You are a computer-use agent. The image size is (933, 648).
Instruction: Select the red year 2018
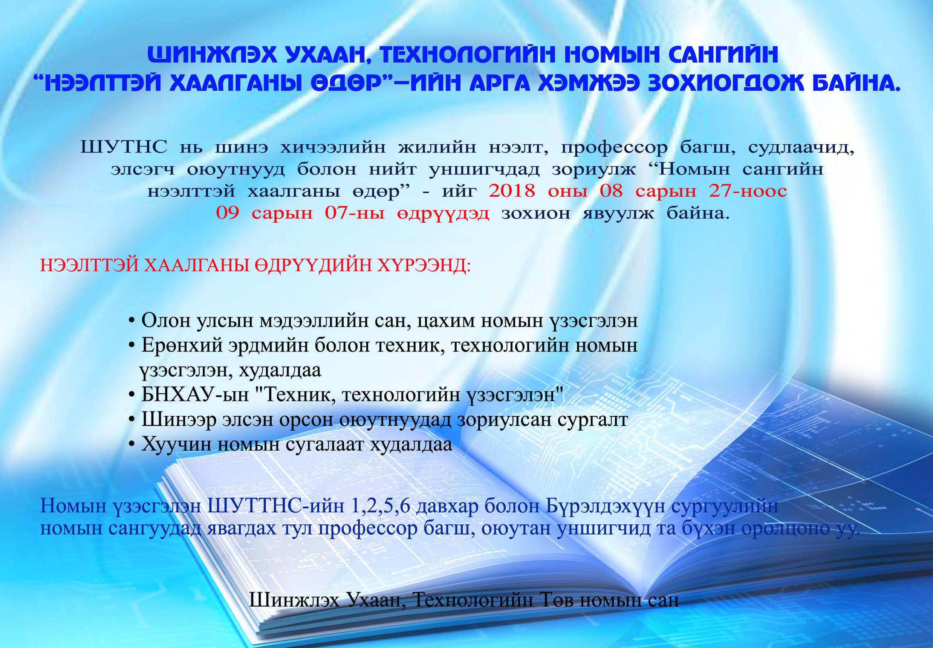point(512,191)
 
